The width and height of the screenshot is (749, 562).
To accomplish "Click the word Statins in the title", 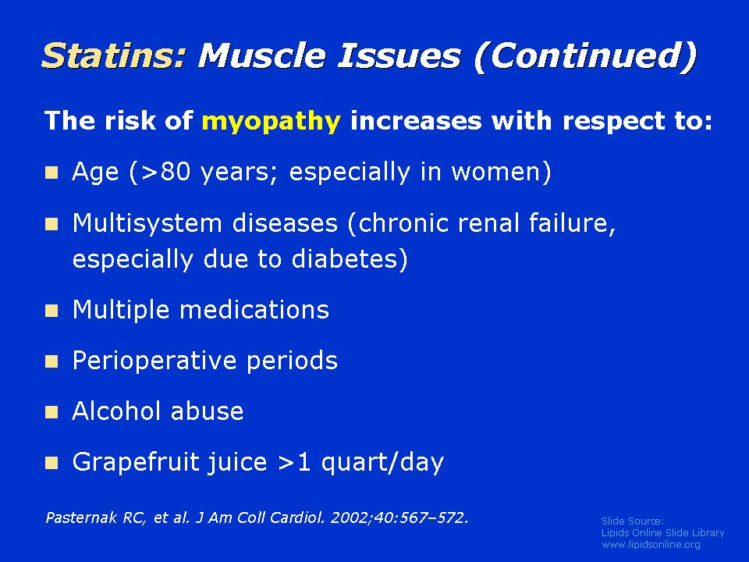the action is pyautogui.click(x=113, y=55).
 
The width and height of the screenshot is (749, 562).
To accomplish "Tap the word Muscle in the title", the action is pyautogui.click(x=262, y=55).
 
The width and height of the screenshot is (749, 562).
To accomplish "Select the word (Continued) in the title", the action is pyautogui.click(x=585, y=56).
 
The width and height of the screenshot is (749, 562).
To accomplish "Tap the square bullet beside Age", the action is pyautogui.click(x=51, y=173).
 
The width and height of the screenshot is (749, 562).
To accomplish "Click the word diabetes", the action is pyautogui.click(x=350, y=259).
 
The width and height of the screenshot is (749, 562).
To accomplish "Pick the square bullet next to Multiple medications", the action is pyautogui.click(x=51, y=311).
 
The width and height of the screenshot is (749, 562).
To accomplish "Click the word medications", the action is pyautogui.click(x=254, y=310).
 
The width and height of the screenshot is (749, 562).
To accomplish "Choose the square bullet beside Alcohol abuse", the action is pyautogui.click(x=51, y=412).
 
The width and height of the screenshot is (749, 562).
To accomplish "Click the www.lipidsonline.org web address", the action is pyautogui.click(x=651, y=544).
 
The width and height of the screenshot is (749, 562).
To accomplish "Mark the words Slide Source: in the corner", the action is pyautogui.click(x=633, y=521).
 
